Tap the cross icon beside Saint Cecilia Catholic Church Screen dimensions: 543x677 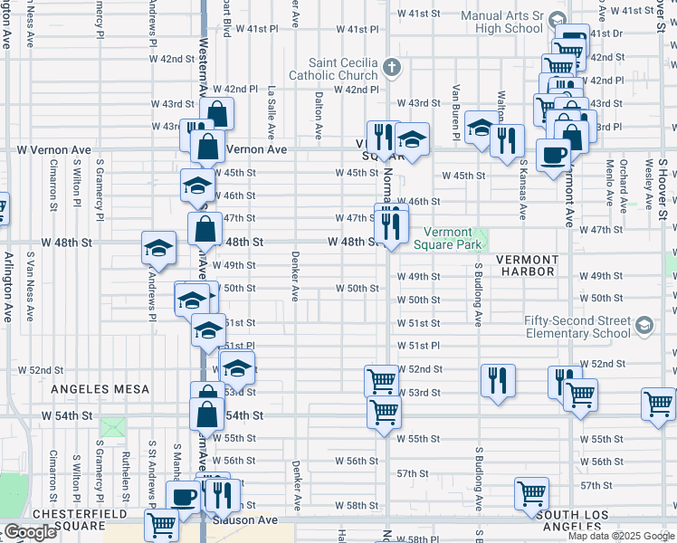pos(391,66)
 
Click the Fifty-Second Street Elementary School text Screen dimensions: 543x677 pos(577,327)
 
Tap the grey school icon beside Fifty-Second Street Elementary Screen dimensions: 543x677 pos(644,325)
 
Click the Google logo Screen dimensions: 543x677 pos(30,532)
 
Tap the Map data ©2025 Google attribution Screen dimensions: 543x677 pos(621,536)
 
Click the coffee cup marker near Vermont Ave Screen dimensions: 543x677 pos(553,154)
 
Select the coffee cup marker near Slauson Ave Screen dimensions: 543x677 pos(185,497)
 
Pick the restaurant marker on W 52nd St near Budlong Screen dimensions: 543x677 pos(497,379)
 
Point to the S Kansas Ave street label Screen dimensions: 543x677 pos(523,189)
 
